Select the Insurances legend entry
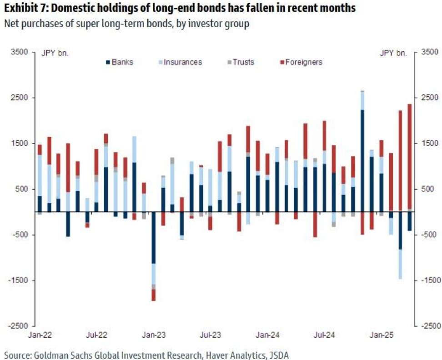pyautogui.click(x=179, y=62)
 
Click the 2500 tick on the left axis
pyautogui.click(x=20, y=98)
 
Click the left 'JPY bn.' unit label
pyautogui.click(x=55, y=53)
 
